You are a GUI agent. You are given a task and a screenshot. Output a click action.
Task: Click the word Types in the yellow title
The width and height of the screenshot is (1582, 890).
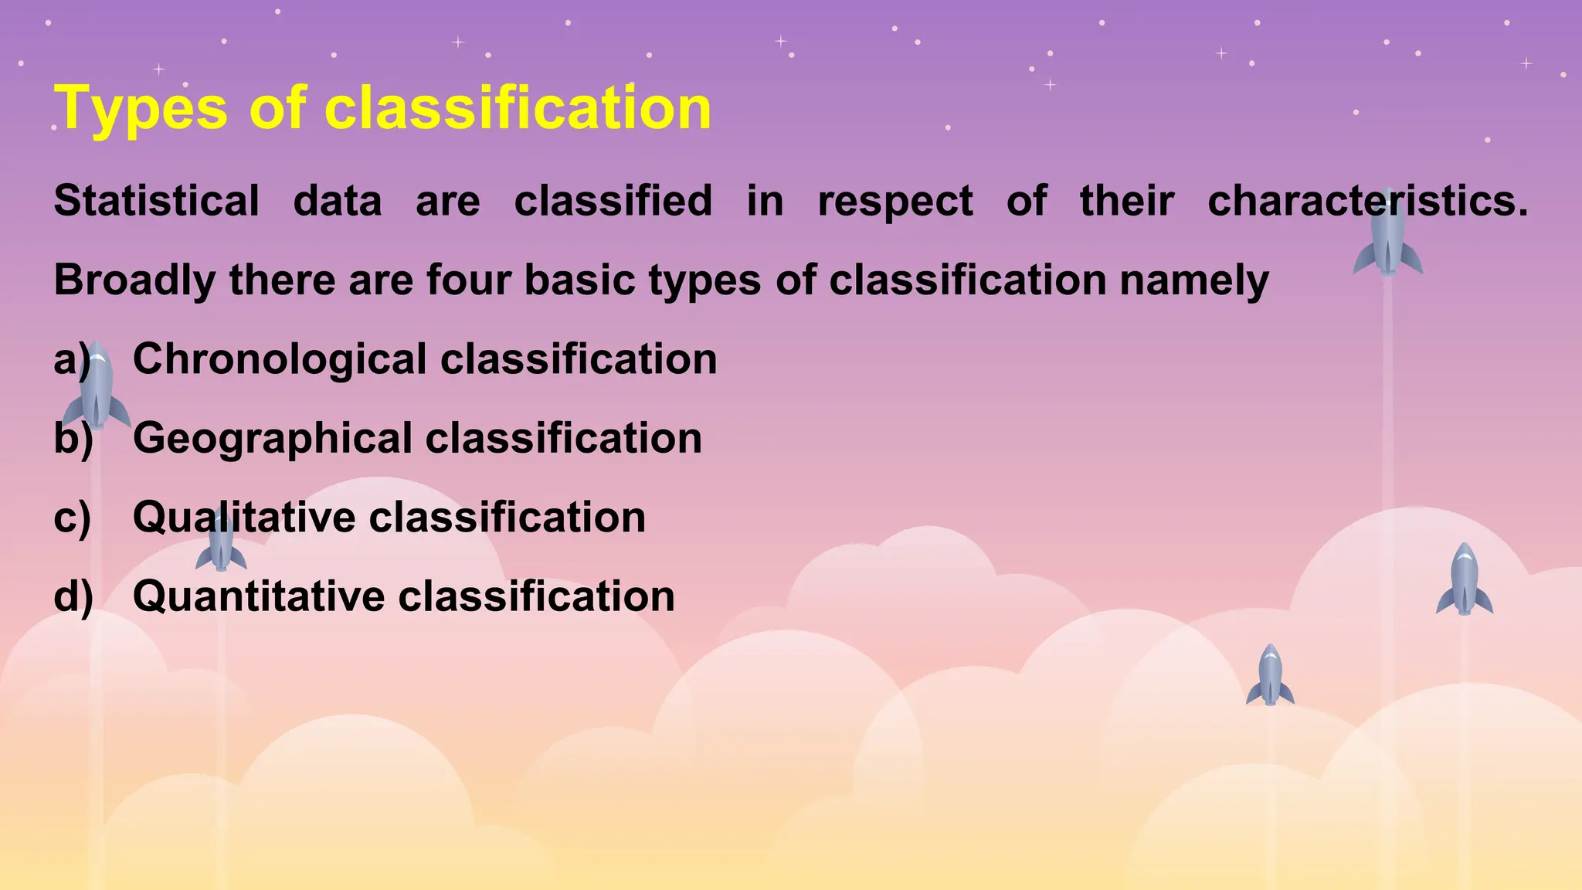pos(141,108)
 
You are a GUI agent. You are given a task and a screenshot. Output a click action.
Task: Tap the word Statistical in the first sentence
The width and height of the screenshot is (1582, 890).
pos(157,201)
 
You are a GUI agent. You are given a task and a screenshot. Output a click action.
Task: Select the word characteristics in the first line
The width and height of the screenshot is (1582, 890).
pos(1367,201)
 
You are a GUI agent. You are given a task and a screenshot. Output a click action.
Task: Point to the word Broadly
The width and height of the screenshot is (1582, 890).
pos(134,280)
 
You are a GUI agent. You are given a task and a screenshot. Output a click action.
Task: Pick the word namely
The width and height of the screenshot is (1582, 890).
pos(1194,280)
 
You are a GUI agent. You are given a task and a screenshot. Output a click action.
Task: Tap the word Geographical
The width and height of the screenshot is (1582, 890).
pos(273,439)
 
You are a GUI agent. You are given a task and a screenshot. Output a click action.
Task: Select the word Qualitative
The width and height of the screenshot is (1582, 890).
pos(243,518)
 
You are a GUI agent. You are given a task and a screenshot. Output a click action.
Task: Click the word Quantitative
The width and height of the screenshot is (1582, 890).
pos(258,597)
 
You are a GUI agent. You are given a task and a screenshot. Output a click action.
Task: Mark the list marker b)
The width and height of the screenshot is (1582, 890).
pos(73,439)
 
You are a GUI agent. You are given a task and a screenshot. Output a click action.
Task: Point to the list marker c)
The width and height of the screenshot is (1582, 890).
pos(73,518)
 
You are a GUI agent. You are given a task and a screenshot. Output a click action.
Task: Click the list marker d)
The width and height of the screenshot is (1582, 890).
pos(73,597)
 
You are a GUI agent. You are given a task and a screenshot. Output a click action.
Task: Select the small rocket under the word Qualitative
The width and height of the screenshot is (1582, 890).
pos(221,544)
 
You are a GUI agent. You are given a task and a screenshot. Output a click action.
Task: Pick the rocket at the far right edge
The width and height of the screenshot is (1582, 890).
pos(1464,580)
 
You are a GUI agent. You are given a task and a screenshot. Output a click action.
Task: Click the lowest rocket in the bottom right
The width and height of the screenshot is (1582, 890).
pos(1270,676)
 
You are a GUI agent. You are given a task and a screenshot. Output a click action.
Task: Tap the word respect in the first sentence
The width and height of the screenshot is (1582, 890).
pos(895,202)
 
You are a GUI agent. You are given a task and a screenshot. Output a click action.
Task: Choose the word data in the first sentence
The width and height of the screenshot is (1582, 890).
pos(338,201)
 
